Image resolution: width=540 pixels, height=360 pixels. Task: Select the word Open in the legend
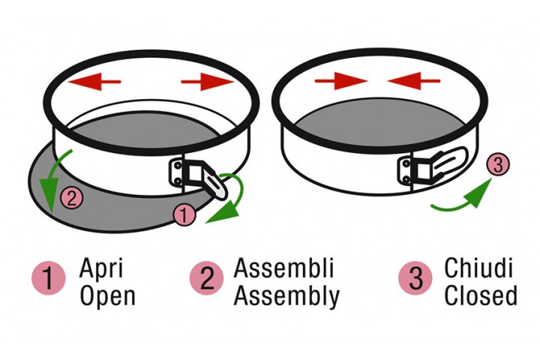pyautogui.click(x=107, y=296)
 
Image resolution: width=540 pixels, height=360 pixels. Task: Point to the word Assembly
pyautogui.click(x=286, y=296)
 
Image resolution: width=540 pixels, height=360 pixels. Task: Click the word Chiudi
pyautogui.click(x=478, y=268)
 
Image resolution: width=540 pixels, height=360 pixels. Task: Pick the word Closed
pyautogui.click(x=480, y=295)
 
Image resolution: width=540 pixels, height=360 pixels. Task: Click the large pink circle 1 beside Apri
pyautogui.click(x=47, y=279)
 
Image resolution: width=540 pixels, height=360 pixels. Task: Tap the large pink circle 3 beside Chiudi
pyautogui.click(x=415, y=279)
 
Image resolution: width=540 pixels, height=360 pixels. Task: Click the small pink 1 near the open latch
pyautogui.click(x=184, y=214)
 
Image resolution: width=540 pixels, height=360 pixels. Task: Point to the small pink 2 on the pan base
pyautogui.click(x=70, y=199)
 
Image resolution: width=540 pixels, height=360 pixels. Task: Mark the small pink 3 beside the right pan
pyautogui.click(x=496, y=164)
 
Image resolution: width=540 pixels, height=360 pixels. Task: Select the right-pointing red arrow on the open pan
pyautogui.click(x=207, y=81)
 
